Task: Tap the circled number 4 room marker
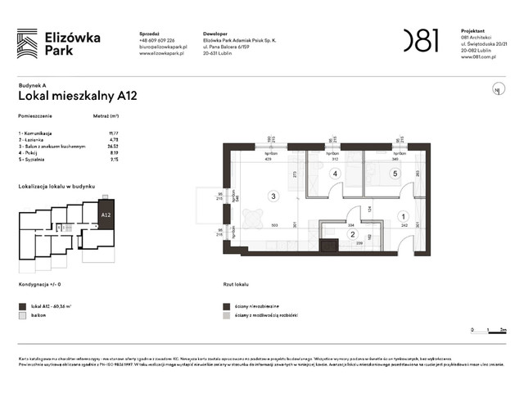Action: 334,174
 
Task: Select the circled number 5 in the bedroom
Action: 394,174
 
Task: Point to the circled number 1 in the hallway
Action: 402,215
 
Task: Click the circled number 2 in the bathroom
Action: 352,234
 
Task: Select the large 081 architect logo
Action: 421,39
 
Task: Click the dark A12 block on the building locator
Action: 106,215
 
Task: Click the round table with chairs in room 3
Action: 249,219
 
